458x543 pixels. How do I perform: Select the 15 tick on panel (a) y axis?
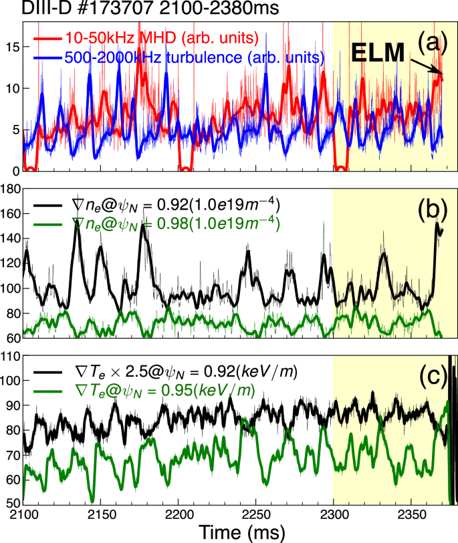(11, 47)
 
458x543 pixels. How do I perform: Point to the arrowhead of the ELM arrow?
(442, 74)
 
